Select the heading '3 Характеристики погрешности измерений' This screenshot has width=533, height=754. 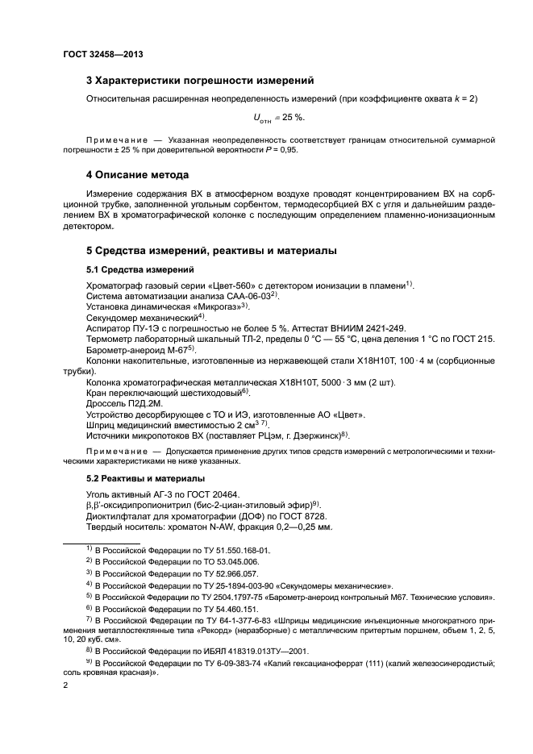(200, 80)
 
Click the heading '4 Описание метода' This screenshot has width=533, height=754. (137, 175)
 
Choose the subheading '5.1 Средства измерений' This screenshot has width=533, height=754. (139, 270)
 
